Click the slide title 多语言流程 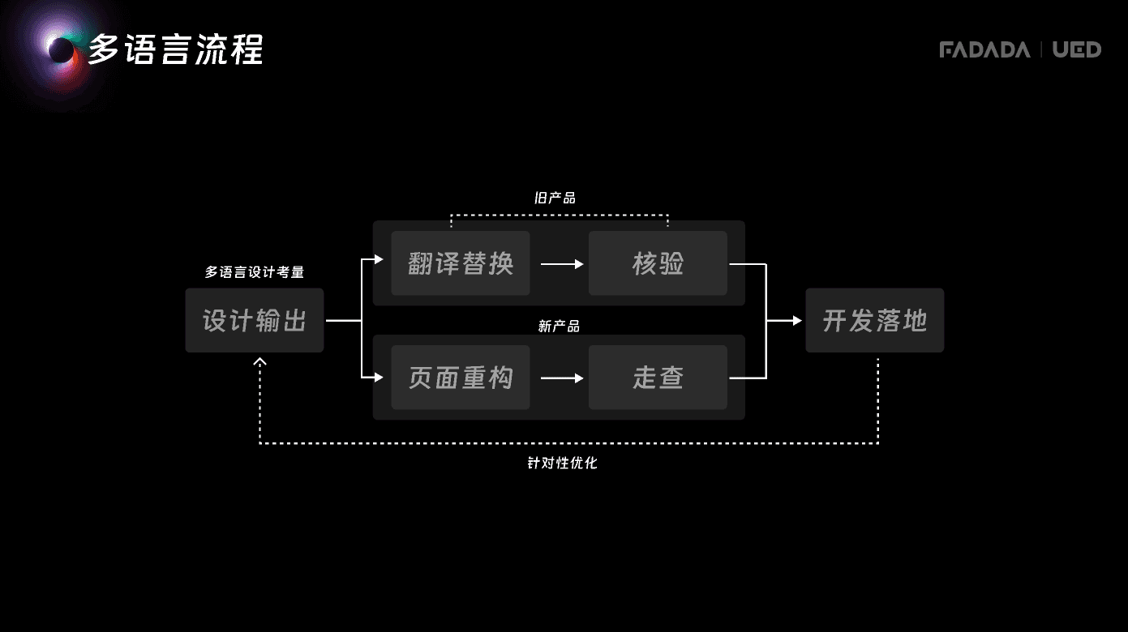click(x=175, y=49)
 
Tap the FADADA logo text click(x=984, y=50)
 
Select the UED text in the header click(x=1077, y=50)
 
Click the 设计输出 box click(x=255, y=320)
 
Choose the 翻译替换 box click(x=461, y=263)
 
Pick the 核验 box click(x=658, y=263)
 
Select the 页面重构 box click(x=461, y=378)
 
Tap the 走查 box click(x=658, y=378)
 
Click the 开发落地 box click(x=874, y=320)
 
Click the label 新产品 click(x=559, y=327)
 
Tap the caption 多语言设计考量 click(x=254, y=273)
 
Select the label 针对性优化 click(x=562, y=464)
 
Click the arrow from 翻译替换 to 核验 click(x=562, y=264)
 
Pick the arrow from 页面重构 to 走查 click(x=562, y=378)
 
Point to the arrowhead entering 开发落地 click(x=797, y=321)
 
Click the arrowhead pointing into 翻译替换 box click(x=378, y=260)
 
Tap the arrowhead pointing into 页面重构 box click(x=378, y=377)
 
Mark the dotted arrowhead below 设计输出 click(x=259, y=361)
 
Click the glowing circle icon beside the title click(x=61, y=50)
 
